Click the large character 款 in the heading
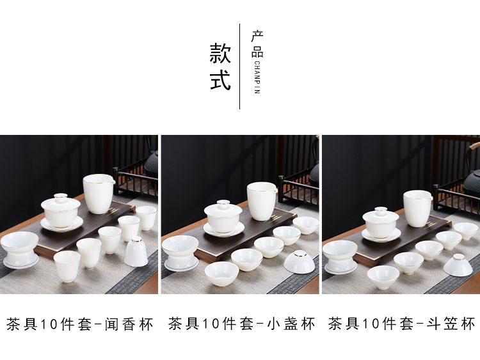[x=220, y=53]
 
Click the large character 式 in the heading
[x=220, y=80]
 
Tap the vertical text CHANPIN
[x=257, y=77]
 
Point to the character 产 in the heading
[x=257, y=36]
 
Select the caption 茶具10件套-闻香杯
[x=79, y=324]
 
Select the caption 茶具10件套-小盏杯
[x=241, y=324]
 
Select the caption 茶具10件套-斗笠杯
[x=402, y=324]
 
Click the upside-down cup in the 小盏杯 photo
[x=299, y=262]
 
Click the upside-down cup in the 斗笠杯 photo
[x=458, y=265]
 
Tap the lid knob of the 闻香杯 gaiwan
[x=61, y=196]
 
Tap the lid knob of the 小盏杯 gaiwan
[x=223, y=203]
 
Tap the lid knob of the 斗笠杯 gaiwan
[x=381, y=210]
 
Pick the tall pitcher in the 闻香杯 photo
[x=99, y=194]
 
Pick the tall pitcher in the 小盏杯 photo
[x=262, y=201]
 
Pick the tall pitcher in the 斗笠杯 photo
[x=417, y=208]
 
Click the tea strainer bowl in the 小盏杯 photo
[x=180, y=253]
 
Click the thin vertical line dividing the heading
[x=240, y=67]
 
